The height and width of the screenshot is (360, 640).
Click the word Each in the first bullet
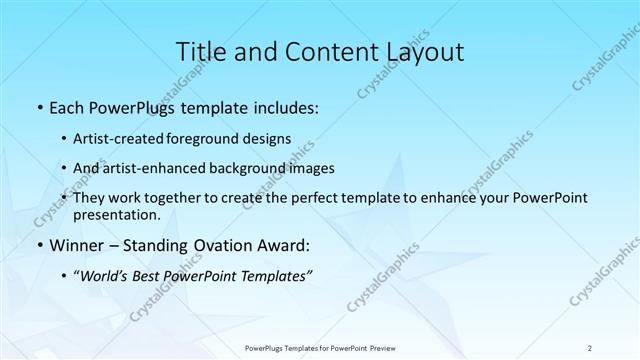66,108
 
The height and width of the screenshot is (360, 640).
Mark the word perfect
312,199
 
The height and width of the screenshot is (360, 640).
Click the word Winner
76,245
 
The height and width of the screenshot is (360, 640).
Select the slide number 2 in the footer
590,347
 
